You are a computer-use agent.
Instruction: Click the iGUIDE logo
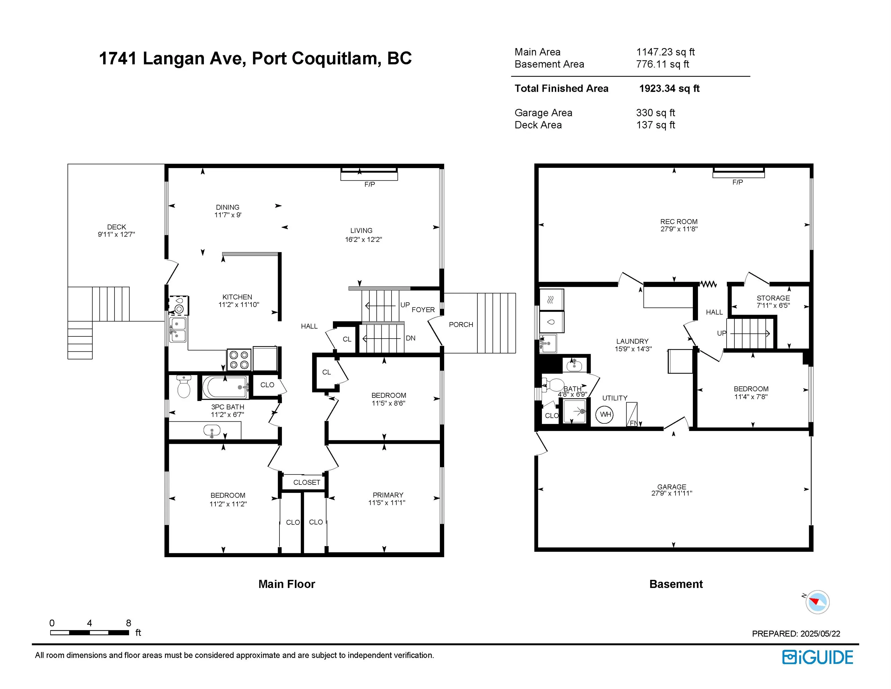click(x=817, y=657)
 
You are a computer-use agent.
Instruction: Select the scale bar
click(x=90, y=632)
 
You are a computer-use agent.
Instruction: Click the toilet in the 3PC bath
click(x=184, y=387)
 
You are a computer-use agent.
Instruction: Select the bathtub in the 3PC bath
click(x=225, y=387)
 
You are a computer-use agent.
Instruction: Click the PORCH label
click(x=461, y=324)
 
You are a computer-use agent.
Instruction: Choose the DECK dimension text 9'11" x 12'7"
click(x=116, y=234)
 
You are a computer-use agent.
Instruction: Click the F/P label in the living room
click(x=370, y=185)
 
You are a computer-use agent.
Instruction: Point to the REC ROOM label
click(x=679, y=222)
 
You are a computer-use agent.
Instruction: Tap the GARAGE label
click(x=672, y=487)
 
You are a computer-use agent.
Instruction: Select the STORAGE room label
click(x=773, y=298)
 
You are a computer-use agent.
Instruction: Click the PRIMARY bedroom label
click(x=388, y=495)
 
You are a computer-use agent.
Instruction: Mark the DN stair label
click(x=410, y=338)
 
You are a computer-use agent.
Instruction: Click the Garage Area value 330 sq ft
click(x=655, y=113)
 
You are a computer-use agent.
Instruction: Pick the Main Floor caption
click(x=287, y=584)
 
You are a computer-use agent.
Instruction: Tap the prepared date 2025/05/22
click(x=820, y=633)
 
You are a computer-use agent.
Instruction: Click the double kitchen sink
click(x=178, y=330)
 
